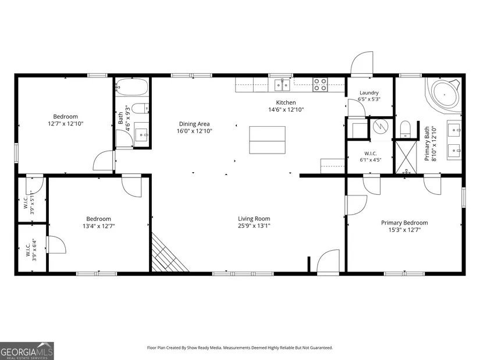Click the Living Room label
pyautogui.click(x=254, y=219)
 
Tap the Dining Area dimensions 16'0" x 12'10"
pyautogui.click(x=194, y=131)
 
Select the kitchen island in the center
pyautogui.click(x=267, y=140)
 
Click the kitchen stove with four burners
pyautogui.click(x=320, y=84)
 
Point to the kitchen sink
pyautogui.click(x=282, y=84)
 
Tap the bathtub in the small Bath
pyautogui.click(x=132, y=87)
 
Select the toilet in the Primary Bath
pyautogui.click(x=406, y=129)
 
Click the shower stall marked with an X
pyautogui.click(x=406, y=158)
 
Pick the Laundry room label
pyautogui.click(x=369, y=92)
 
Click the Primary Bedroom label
pyautogui.click(x=404, y=223)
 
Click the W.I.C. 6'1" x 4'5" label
pyautogui.click(x=371, y=156)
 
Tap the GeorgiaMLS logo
pyautogui.click(x=27, y=351)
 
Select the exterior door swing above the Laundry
pyautogui.click(x=362, y=63)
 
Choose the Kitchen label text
pyautogui.click(x=286, y=102)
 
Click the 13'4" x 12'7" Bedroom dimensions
pyautogui.click(x=98, y=226)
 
